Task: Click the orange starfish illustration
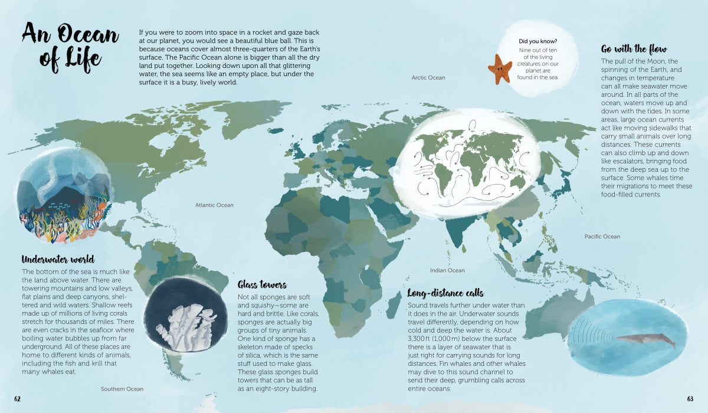click(500, 68)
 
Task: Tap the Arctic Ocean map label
click(428, 78)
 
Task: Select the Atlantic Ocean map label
click(214, 205)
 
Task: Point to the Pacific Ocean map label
click(602, 237)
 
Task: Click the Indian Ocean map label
click(447, 270)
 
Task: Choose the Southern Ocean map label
click(122, 389)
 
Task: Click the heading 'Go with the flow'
click(634, 49)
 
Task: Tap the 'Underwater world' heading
click(58, 259)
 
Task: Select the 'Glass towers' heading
click(262, 284)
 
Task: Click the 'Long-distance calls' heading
click(445, 293)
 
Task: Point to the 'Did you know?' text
click(537, 41)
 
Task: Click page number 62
click(18, 399)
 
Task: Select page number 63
click(690, 399)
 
